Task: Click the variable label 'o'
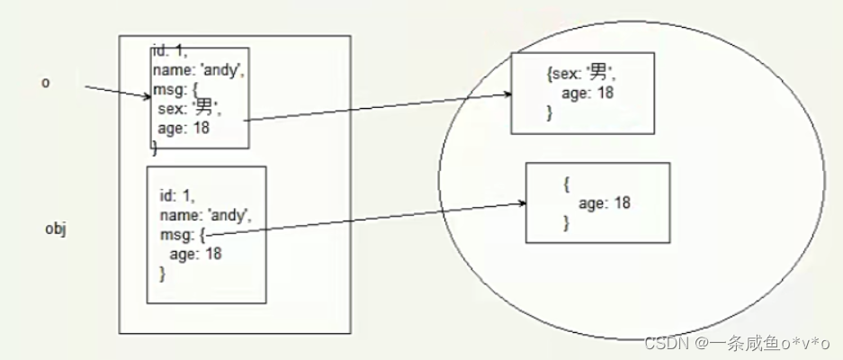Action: pos(45,83)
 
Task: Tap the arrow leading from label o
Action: pos(117,93)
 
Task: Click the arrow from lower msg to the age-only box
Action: pos(369,219)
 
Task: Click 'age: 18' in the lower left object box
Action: pos(195,253)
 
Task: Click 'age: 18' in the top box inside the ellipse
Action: pos(587,94)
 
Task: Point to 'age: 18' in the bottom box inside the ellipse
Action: pos(604,203)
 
